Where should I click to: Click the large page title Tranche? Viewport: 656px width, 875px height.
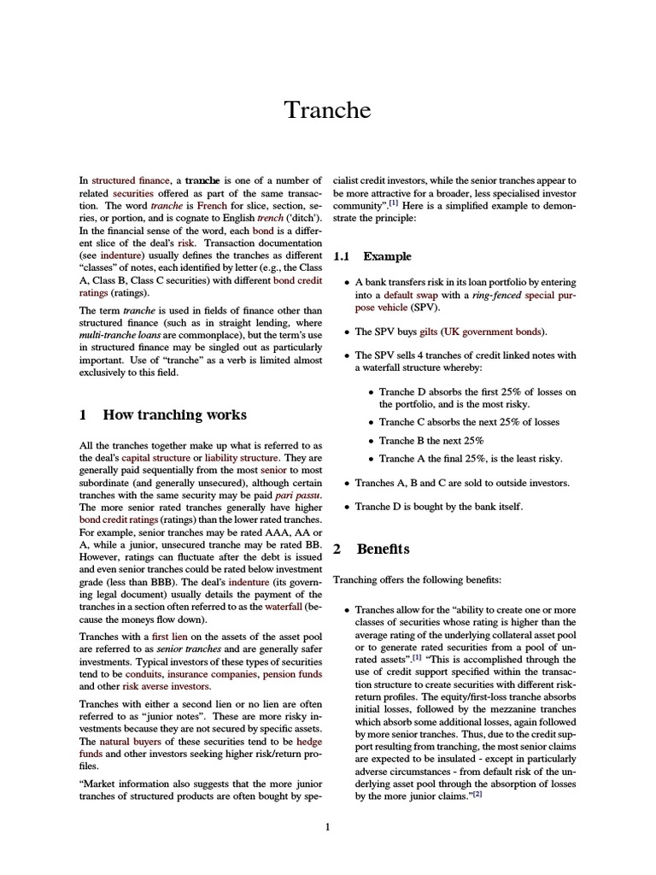click(327, 110)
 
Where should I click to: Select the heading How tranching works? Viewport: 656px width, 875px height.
click(174, 415)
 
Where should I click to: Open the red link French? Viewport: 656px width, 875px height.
click(211, 207)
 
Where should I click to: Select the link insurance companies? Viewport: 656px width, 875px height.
click(210, 673)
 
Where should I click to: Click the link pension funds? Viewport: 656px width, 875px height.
click(293, 673)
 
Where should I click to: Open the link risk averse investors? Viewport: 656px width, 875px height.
click(166, 686)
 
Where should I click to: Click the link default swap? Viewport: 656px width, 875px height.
click(406, 294)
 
